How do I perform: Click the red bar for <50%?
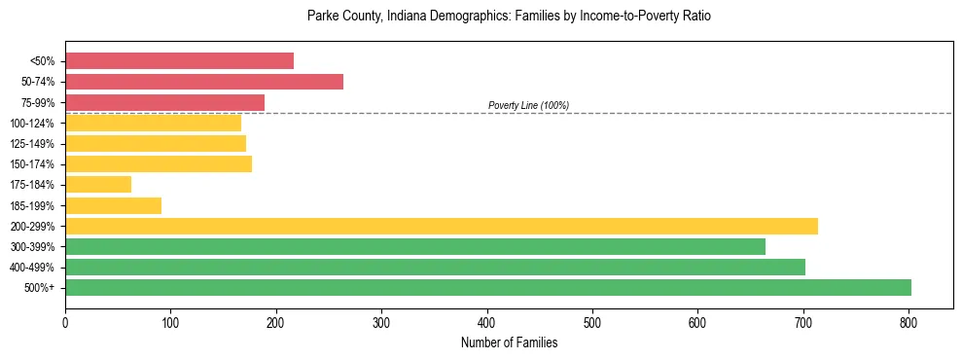[179, 61]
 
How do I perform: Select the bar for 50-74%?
[204, 82]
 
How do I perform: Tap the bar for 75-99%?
[164, 102]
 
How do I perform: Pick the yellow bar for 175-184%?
[98, 184]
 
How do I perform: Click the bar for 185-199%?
[113, 205]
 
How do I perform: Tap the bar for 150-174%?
[159, 163]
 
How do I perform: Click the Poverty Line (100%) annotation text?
[528, 105]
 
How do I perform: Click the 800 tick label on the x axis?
[909, 322]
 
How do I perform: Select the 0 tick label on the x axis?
[65, 322]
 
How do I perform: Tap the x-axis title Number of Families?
[509, 342]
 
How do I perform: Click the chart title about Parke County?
[509, 17]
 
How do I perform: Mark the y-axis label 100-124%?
[32, 124]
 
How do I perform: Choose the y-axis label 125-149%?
[32, 144]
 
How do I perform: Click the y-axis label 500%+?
[40, 288]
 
